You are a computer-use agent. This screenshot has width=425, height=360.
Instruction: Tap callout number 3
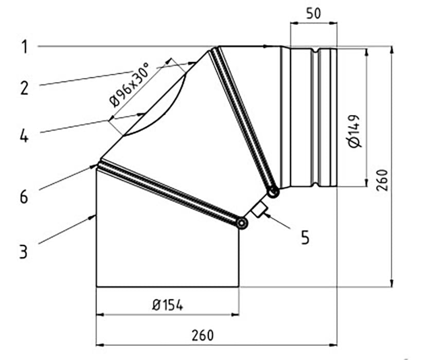[24, 251]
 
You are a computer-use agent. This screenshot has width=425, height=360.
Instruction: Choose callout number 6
[24, 196]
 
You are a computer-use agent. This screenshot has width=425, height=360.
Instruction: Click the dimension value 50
[313, 13]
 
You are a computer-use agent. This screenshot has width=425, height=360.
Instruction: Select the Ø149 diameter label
[355, 132]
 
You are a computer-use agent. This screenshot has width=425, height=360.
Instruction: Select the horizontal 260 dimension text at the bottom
[203, 335]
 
